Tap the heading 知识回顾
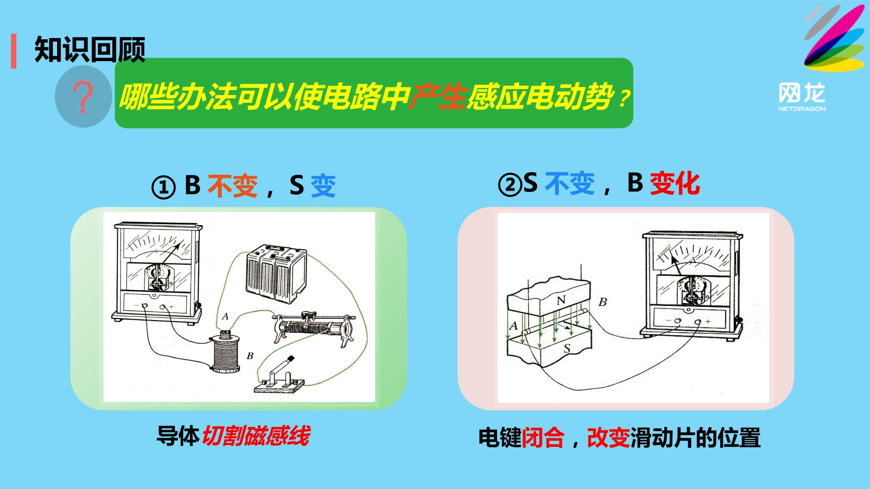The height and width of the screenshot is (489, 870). coord(90,49)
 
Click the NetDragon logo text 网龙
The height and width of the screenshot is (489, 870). coord(802,93)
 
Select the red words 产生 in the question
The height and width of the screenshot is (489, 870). coord(437,97)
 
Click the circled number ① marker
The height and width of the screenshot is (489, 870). coord(163,187)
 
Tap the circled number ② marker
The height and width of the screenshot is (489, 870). coord(510,185)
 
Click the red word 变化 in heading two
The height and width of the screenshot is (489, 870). coord(675,183)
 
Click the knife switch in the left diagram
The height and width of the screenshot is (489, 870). coord(279,376)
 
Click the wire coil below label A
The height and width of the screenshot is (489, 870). coord(226,351)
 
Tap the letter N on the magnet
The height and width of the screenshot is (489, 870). coord(561,300)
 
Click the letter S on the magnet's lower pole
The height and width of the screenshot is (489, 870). coord(566,349)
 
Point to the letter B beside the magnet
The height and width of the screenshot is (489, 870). coord(602,302)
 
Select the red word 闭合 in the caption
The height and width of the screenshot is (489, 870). coord(543,438)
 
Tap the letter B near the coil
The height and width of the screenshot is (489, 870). coord(250,356)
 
